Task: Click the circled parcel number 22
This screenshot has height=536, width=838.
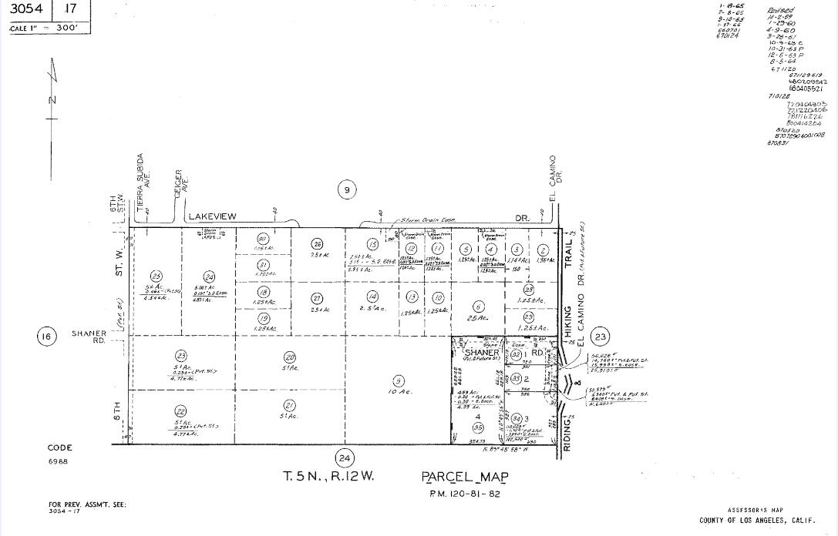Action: click(x=180, y=410)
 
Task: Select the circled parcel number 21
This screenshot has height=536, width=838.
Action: click(x=290, y=406)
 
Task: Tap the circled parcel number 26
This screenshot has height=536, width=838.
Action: click(x=317, y=244)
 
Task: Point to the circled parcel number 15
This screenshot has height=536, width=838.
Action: click(x=372, y=244)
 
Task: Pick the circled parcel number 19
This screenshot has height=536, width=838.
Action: click(x=263, y=318)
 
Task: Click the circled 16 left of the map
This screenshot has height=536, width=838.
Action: click(x=46, y=336)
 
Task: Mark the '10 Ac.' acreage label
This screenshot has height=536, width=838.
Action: click(x=400, y=392)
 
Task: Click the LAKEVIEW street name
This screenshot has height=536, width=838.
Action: click(x=212, y=217)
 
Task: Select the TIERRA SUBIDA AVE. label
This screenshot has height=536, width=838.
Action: click(x=143, y=183)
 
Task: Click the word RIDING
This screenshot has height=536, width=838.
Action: click(x=568, y=436)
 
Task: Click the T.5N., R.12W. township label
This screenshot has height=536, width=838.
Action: click(x=328, y=477)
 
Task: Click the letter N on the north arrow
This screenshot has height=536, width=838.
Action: click(x=51, y=100)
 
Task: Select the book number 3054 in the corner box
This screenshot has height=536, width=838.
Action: click(x=25, y=10)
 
